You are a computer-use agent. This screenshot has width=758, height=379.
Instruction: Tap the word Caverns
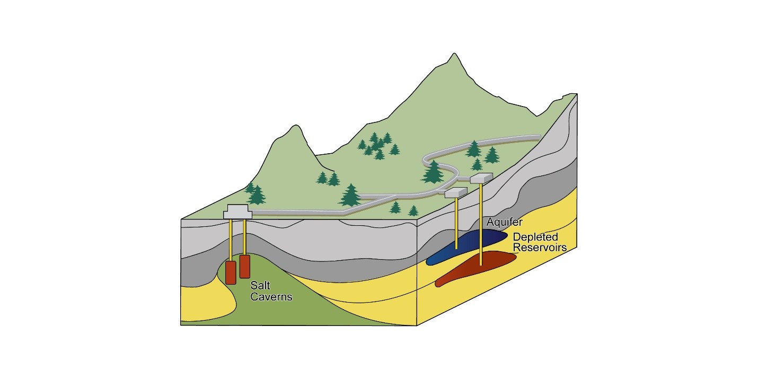pos(271,297)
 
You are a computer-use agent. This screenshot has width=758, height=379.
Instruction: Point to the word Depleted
pos(535,237)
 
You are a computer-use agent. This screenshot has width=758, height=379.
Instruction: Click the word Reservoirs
pos(540,248)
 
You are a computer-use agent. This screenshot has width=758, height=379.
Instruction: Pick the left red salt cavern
pos(231,272)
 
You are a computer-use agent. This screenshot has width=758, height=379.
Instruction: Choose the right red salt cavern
pos(244,266)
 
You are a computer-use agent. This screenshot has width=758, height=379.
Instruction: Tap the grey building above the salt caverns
pos(237,211)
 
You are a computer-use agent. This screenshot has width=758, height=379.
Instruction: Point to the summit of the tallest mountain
pos(453,55)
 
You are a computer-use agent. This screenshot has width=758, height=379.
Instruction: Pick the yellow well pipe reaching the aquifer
pos(457,223)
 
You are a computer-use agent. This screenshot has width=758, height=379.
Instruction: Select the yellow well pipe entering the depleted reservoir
pos(481,223)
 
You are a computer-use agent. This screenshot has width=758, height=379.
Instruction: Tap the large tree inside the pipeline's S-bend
pos(434,172)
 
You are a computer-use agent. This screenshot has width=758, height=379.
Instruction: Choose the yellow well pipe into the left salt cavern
pos(231,239)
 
